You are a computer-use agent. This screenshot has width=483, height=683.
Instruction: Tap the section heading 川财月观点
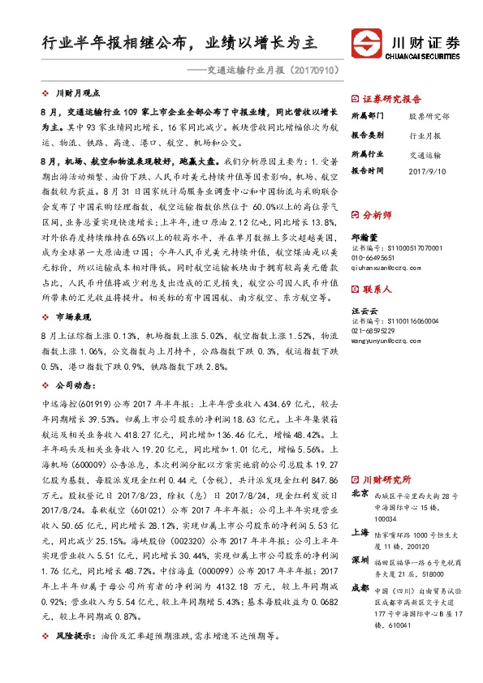82,94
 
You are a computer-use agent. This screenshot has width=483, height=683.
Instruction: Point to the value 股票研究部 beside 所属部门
429,116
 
